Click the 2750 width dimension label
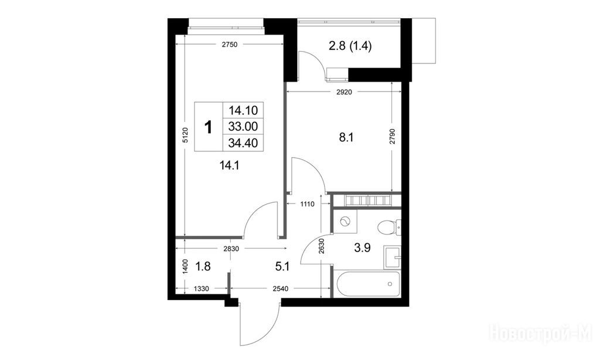(x=230, y=45)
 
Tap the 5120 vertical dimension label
(x=186, y=135)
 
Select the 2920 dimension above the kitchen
(x=343, y=92)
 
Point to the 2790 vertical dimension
(x=392, y=137)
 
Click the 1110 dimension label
(x=307, y=204)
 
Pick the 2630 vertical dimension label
(x=321, y=247)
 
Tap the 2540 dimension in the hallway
(x=280, y=289)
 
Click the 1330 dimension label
(x=202, y=289)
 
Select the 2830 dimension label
(x=231, y=249)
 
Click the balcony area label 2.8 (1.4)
(x=350, y=46)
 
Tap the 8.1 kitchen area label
(x=346, y=137)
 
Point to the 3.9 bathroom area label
(x=362, y=248)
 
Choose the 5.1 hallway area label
(x=282, y=267)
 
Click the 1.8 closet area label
(x=203, y=266)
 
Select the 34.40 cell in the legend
(x=243, y=143)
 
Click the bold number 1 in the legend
(x=209, y=127)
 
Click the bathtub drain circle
(x=390, y=284)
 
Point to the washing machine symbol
(x=345, y=221)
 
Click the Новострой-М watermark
(x=540, y=332)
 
